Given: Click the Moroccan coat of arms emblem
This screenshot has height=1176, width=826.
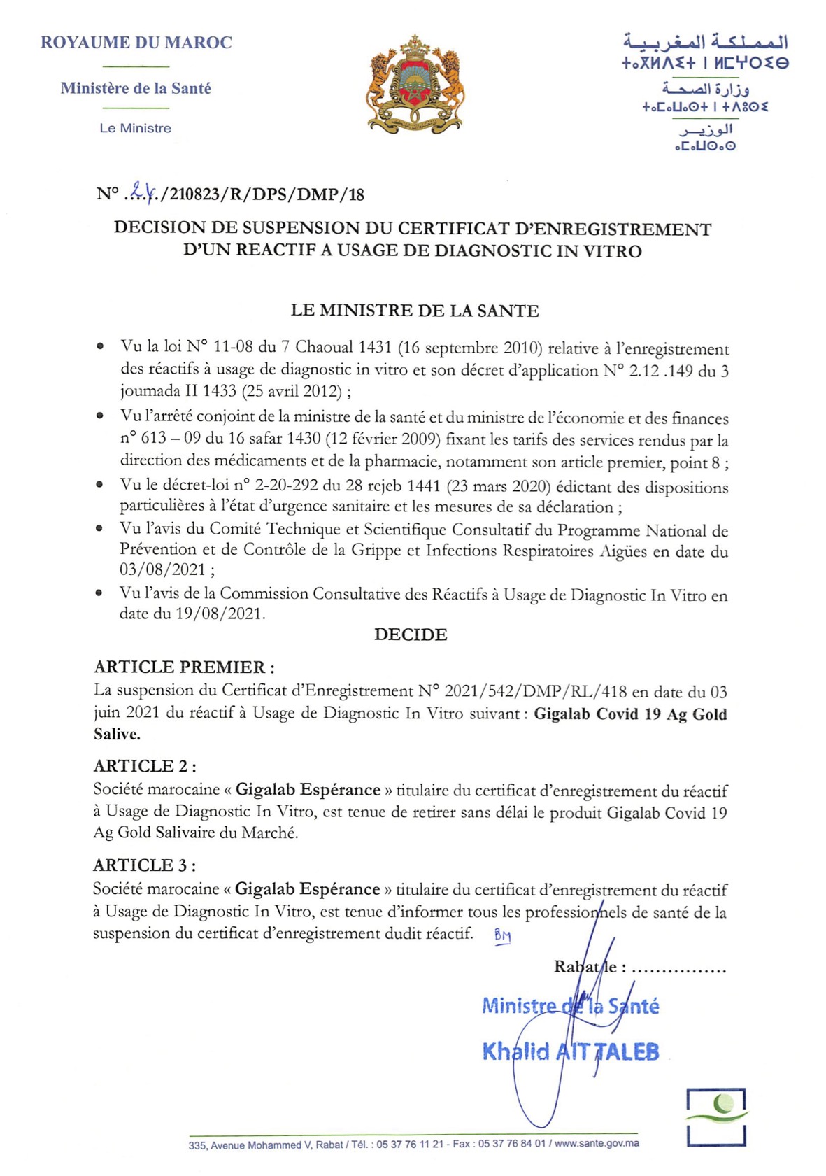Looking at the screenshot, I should click(415, 85).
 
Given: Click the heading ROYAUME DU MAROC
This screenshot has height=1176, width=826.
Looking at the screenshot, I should click(136, 43).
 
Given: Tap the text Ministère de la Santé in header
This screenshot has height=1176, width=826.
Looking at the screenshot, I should click(136, 88).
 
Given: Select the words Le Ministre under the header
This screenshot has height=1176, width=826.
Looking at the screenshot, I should click(135, 128).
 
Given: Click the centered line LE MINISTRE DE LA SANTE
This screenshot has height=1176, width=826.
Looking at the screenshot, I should click(414, 311).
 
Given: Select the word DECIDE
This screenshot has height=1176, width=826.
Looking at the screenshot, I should click(411, 635).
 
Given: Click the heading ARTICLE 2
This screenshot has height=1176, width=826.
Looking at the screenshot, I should click(144, 766).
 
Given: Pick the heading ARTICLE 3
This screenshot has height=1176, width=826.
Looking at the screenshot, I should click(144, 865).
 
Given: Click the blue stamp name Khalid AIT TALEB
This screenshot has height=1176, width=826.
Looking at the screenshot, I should click(570, 1051).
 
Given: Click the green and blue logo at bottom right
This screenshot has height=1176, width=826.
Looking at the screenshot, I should click(716, 1117).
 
